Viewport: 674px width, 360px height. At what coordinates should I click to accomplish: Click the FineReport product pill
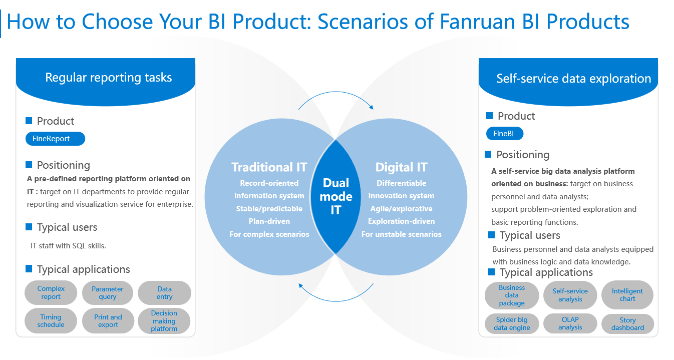[56, 139]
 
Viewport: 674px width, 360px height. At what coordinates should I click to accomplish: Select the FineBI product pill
[505, 134]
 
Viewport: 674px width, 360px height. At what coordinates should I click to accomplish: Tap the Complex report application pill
[51, 292]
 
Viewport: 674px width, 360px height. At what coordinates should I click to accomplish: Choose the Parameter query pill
[108, 292]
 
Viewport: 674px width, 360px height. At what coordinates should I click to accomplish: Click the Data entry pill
[164, 292]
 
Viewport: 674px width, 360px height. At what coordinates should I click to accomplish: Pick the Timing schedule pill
[51, 320]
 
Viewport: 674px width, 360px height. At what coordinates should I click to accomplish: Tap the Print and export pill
[108, 320]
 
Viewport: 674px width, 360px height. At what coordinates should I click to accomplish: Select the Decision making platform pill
[164, 320]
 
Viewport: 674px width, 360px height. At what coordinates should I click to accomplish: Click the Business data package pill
[512, 295]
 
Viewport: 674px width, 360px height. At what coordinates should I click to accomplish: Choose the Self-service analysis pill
[570, 295]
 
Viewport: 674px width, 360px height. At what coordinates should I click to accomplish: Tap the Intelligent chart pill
[627, 295]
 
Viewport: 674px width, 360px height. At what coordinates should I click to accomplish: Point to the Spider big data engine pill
[512, 323]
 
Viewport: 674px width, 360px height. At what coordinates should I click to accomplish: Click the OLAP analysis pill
[570, 323]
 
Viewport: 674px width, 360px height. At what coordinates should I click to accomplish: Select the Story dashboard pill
[627, 323]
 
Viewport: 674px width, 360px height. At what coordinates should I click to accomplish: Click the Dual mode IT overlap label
[336, 196]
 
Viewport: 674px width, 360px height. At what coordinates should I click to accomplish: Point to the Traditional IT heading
[269, 167]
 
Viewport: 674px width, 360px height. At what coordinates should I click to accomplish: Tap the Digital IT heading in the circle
[402, 167]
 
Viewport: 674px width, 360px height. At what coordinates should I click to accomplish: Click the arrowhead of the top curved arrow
[372, 107]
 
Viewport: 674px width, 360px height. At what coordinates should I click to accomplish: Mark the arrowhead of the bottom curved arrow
[300, 285]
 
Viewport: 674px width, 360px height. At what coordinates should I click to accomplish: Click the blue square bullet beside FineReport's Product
[29, 121]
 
